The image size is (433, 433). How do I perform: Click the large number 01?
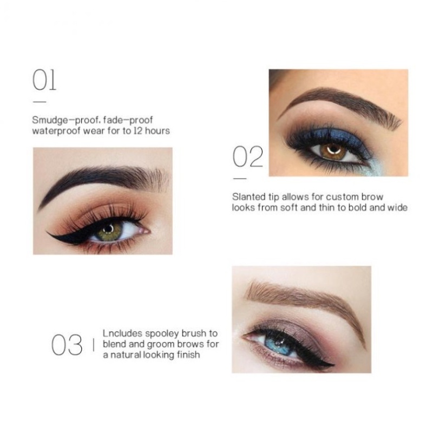click(44, 80)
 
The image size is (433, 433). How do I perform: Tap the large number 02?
click(248, 156)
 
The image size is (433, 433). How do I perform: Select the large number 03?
click(67, 345)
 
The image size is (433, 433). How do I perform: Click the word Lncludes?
click(123, 333)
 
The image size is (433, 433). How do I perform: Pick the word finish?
click(188, 355)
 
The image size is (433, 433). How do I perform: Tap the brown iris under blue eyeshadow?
click(333, 152)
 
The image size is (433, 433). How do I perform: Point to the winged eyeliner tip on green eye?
click(49, 233)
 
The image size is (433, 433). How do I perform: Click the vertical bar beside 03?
click(94, 345)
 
